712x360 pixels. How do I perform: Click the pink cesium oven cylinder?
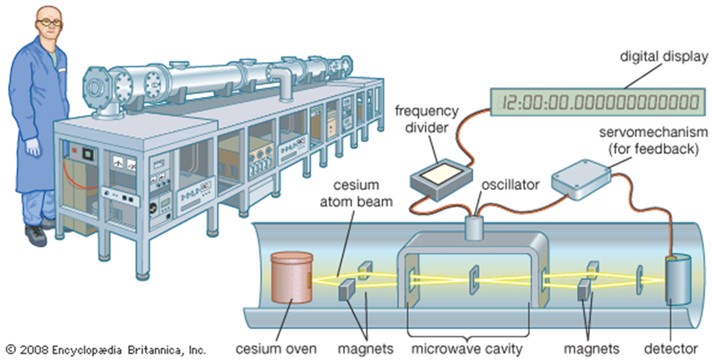(x=291, y=278)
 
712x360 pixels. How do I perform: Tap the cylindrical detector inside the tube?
(x=678, y=280)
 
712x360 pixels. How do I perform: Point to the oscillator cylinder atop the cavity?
(x=475, y=226)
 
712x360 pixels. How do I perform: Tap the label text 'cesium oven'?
(x=276, y=349)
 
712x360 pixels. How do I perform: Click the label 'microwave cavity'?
(x=467, y=349)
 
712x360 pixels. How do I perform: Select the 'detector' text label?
(x=671, y=349)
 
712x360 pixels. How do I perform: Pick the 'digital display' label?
(x=664, y=56)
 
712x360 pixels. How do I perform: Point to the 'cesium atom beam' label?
(x=356, y=193)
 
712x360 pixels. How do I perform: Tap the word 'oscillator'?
(x=511, y=185)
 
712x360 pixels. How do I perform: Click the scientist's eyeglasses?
(x=48, y=22)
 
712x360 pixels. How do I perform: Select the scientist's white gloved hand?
(x=32, y=147)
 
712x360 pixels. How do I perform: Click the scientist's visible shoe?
(x=36, y=235)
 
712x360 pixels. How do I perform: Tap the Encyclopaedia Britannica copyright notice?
(x=106, y=350)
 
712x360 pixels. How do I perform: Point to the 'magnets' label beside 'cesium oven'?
(x=366, y=349)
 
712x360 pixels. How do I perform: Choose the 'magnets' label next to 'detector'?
(x=591, y=349)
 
